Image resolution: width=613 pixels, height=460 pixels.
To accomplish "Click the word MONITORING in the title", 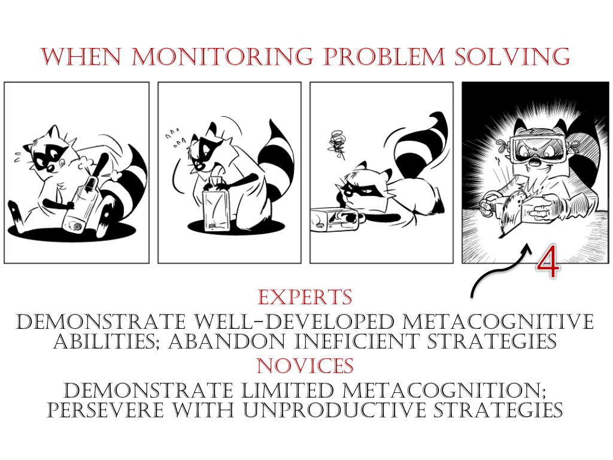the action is [x=222, y=56].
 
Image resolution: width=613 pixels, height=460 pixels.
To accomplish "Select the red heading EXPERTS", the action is [x=305, y=297].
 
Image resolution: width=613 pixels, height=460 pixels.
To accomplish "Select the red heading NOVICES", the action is [x=305, y=365].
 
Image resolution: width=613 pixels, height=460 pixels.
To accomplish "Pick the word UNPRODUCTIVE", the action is [x=334, y=410].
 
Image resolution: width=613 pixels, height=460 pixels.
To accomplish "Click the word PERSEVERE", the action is [x=105, y=410].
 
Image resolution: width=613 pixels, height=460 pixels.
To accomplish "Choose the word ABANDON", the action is [x=227, y=341].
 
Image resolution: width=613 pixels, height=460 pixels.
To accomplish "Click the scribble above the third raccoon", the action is [x=337, y=145].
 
